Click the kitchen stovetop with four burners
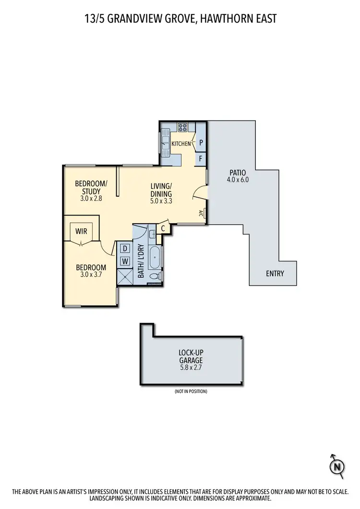click(183, 128)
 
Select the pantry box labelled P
click(201, 142)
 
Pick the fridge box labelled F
click(201, 158)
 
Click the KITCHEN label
click(181, 143)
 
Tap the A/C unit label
click(201, 213)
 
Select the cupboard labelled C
click(163, 229)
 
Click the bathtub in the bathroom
click(156, 257)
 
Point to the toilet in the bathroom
click(156, 277)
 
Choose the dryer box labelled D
click(125, 249)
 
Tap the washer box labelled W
click(125, 261)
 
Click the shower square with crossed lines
click(126, 277)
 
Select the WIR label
click(81, 231)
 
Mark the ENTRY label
click(275, 274)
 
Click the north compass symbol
click(338, 465)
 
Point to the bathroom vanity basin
click(152, 235)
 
